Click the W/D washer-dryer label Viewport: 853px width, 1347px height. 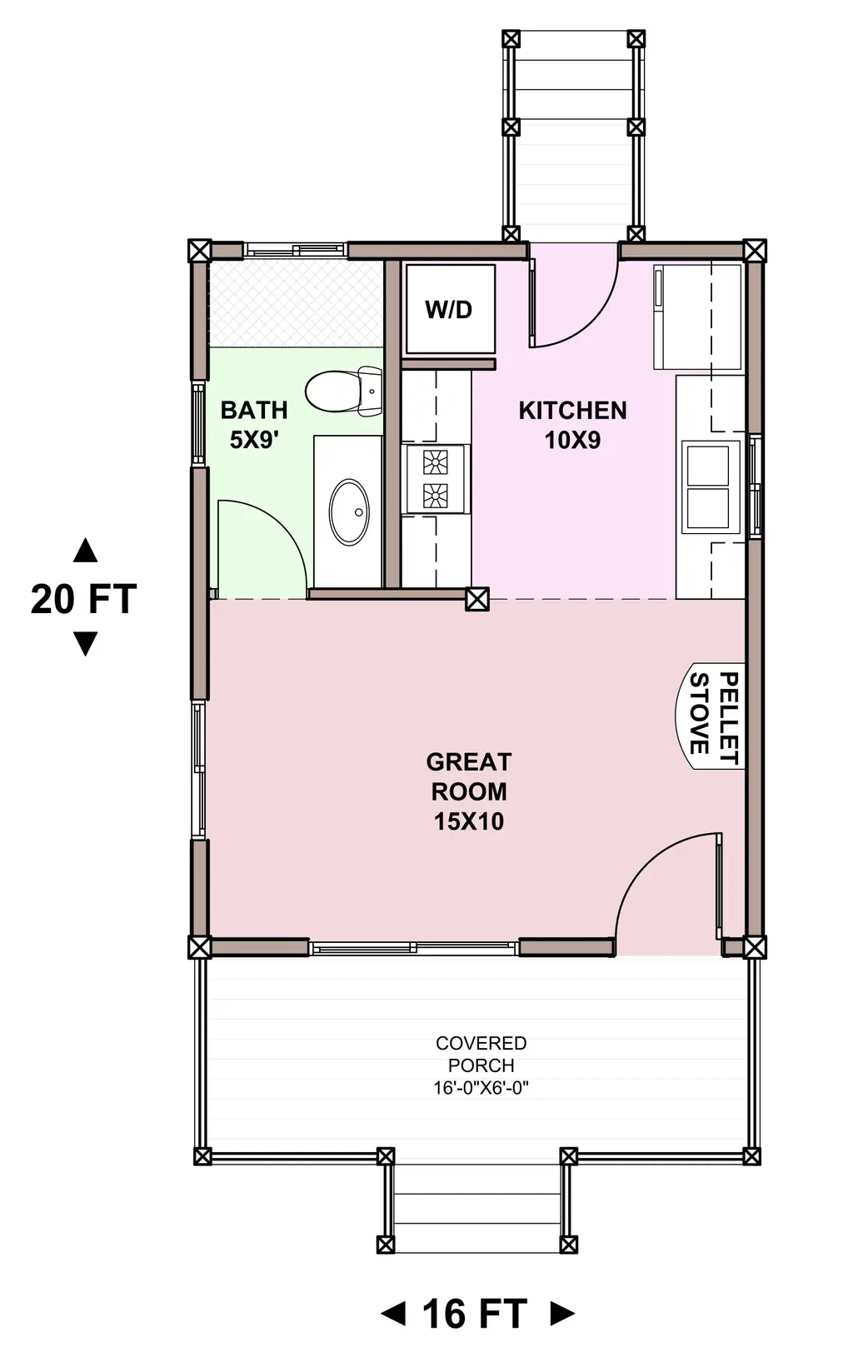[x=448, y=310]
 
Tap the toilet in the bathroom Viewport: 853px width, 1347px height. [x=343, y=392]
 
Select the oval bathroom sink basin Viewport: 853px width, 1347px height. [x=349, y=511]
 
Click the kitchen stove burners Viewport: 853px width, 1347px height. [x=435, y=479]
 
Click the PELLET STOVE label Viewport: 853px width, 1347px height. [x=712, y=716]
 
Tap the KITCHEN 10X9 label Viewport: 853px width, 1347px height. [x=572, y=425]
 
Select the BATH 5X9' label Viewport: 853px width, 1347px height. [x=254, y=425]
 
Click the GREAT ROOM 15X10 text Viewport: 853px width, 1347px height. [x=469, y=791]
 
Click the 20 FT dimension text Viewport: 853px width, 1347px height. [x=83, y=599]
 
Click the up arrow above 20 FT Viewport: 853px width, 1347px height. [x=85, y=551]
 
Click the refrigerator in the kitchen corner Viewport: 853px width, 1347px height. [x=697, y=317]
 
